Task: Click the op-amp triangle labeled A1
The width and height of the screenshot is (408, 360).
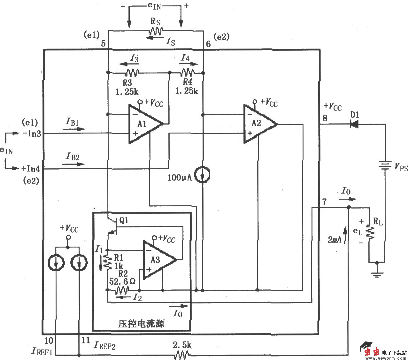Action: tap(144, 124)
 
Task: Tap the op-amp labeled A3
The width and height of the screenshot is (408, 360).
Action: tap(157, 260)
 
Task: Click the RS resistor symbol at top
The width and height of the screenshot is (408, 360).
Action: tap(156, 31)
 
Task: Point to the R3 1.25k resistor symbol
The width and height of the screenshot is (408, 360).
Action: tap(131, 73)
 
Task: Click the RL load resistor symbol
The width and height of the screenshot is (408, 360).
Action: tap(370, 231)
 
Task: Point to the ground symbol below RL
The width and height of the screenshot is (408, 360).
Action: tap(377, 273)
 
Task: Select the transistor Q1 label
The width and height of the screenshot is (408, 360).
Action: tap(123, 220)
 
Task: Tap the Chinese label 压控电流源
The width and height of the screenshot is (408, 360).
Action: tap(141, 324)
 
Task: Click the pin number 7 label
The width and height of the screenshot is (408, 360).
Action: tap(324, 202)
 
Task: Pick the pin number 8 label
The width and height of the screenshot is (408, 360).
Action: tap(325, 118)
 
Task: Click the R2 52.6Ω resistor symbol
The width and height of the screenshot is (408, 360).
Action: tap(121, 290)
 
